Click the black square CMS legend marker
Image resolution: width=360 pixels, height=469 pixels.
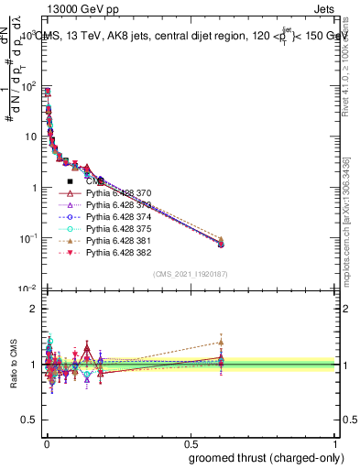pos(70,182)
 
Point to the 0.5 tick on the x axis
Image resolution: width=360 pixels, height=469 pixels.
pos(190,442)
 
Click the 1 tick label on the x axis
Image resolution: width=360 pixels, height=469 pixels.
pos(335,442)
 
